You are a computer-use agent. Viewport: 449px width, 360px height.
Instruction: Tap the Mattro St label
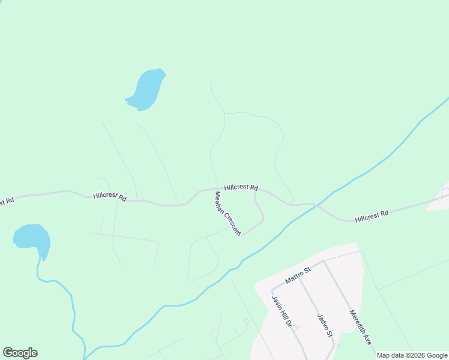pyautogui.click(x=298, y=276)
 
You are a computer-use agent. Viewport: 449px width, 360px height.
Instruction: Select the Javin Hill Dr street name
pyautogui.click(x=282, y=311)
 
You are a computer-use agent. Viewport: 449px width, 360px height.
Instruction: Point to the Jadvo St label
pyautogui.click(x=324, y=324)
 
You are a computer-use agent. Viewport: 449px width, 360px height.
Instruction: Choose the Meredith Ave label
pyautogui.click(x=361, y=328)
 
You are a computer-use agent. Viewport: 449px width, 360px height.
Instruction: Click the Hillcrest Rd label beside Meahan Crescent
pyautogui.click(x=241, y=187)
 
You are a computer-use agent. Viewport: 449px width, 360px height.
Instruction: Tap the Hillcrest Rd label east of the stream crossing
pyautogui.click(x=372, y=215)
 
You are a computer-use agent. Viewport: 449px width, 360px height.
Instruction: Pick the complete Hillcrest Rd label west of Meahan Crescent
pyautogui.click(x=110, y=196)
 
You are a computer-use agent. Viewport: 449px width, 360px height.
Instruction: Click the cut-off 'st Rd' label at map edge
pyautogui.click(x=6, y=202)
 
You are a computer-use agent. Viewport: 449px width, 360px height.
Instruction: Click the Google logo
pyautogui.click(x=20, y=353)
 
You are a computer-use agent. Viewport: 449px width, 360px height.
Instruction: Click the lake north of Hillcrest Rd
pyautogui.click(x=146, y=89)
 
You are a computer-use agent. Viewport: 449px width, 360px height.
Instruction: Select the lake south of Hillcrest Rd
pyautogui.click(x=32, y=238)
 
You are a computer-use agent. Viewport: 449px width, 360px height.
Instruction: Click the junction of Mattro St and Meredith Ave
pyautogui.click(x=324, y=261)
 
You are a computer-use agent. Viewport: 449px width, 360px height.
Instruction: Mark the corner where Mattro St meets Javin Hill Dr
pyautogui.click(x=273, y=289)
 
